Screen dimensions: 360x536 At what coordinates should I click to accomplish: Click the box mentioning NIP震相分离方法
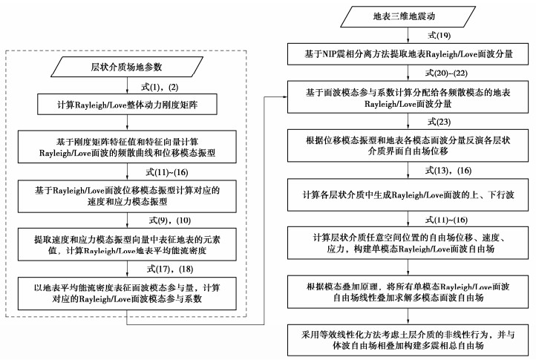[411, 53]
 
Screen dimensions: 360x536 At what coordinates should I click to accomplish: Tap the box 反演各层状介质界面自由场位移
[411, 145]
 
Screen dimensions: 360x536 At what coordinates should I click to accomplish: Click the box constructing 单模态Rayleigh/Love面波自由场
[411, 243]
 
